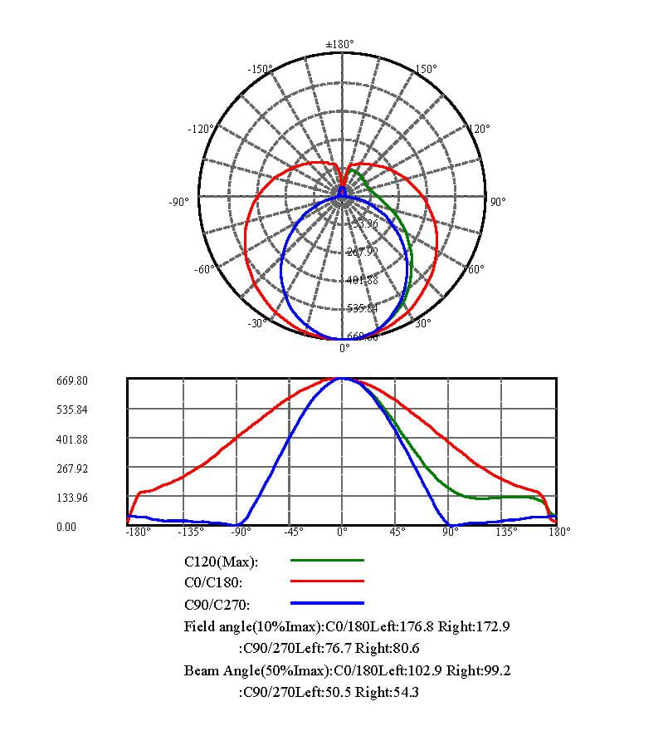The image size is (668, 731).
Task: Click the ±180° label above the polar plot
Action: pyautogui.click(x=339, y=43)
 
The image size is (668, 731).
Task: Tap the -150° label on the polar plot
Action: pyautogui.click(x=261, y=69)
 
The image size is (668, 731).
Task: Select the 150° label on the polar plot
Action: pyautogui.click(x=425, y=69)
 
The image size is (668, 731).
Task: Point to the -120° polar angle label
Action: pyautogui.click(x=201, y=130)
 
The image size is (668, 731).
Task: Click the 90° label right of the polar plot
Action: pyautogui.click(x=498, y=202)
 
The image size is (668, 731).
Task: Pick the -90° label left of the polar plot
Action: pyautogui.click(x=180, y=202)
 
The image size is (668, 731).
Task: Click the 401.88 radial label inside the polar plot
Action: pyautogui.click(x=362, y=280)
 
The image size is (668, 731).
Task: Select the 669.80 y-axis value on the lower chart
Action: pyautogui.click(x=72, y=381)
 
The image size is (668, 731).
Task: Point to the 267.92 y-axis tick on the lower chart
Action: pyautogui.click(x=72, y=469)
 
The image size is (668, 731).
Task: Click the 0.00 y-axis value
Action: pyautogui.click(x=66, y=527)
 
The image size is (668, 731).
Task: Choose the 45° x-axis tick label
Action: pyautogui.click(x=397, y=532)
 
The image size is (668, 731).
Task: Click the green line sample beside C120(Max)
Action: pyautogui.click(x=327, y=562)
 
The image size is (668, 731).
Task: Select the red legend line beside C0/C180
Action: pyautogui.click(x=327, y=582)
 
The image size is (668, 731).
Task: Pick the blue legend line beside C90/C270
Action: pyautogui.click(x=327, y=603)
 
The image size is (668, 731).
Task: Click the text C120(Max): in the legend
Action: pyautogui.click(x=222, y=562)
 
